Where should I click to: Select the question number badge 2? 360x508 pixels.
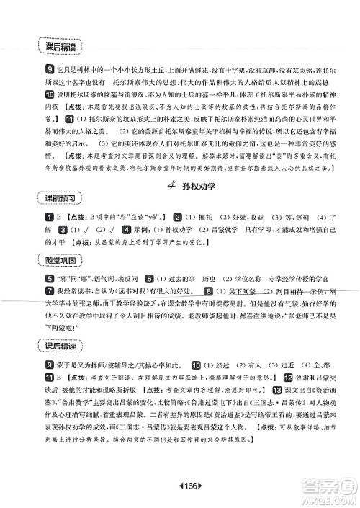(x=177, y=216)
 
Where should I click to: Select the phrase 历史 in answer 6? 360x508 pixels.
(x=204, y=278)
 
